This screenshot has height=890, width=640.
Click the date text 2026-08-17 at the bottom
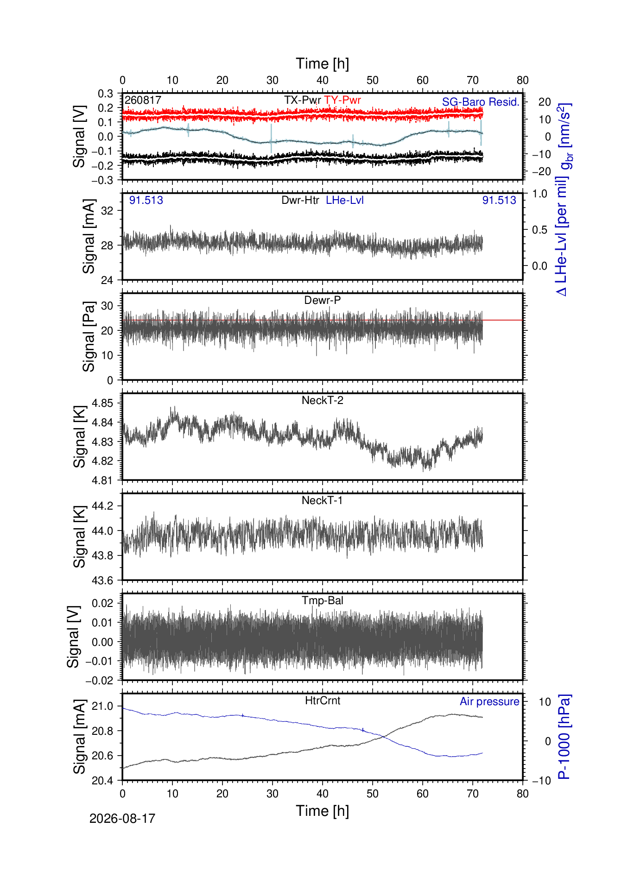click(x=122, y=819)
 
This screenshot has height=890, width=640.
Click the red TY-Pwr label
click(x=342, y=100)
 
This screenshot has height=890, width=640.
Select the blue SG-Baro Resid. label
click(x=481, y=102)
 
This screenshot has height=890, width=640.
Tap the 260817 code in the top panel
click(x=143, y=100)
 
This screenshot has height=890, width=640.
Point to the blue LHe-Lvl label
click(x=345, y=200)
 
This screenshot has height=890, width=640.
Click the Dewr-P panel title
click(x=323, y=300)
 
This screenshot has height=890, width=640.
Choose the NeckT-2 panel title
click(x=323, y=400)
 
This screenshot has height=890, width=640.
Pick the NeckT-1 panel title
click(x=323, y=500)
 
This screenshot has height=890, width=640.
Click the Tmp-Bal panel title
click(x=323, y=600)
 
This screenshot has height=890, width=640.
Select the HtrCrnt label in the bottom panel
click(x=323, y=701)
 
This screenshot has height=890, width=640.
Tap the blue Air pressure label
click(x=489, y=701)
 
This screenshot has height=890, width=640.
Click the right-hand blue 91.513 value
click(x=499, y=200)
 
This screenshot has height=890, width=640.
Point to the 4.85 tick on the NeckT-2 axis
click(x=102, y=403)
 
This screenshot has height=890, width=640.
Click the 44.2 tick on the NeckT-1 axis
click(x=102, y=506)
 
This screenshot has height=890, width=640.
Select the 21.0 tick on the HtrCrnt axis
click(x=102, y=706)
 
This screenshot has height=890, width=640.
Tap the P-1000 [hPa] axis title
click(x=564, y=737)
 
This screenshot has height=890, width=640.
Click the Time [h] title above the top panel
click(x=323, y=63)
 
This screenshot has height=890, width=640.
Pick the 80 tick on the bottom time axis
click(x=523, y=794)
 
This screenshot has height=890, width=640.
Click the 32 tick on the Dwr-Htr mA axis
click(x=107, y=210)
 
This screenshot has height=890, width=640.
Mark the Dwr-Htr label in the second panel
click(x=300, y=200)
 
